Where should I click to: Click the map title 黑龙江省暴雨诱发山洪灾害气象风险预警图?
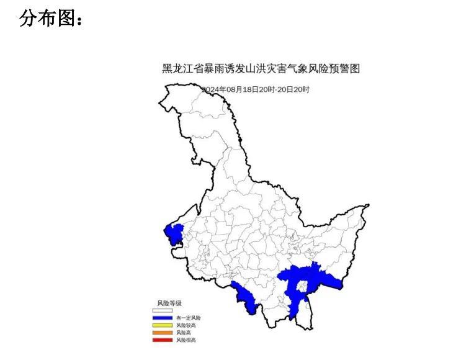pos(261,69)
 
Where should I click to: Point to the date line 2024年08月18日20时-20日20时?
pos(256,89)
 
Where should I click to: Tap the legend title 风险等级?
pos(169,303)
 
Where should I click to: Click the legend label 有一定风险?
pos(189,318)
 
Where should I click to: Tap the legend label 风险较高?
pos(186,325)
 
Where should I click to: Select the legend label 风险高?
pos(183,333)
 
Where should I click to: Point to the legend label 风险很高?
pos(186,340)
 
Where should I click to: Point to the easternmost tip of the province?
pos(369,205)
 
